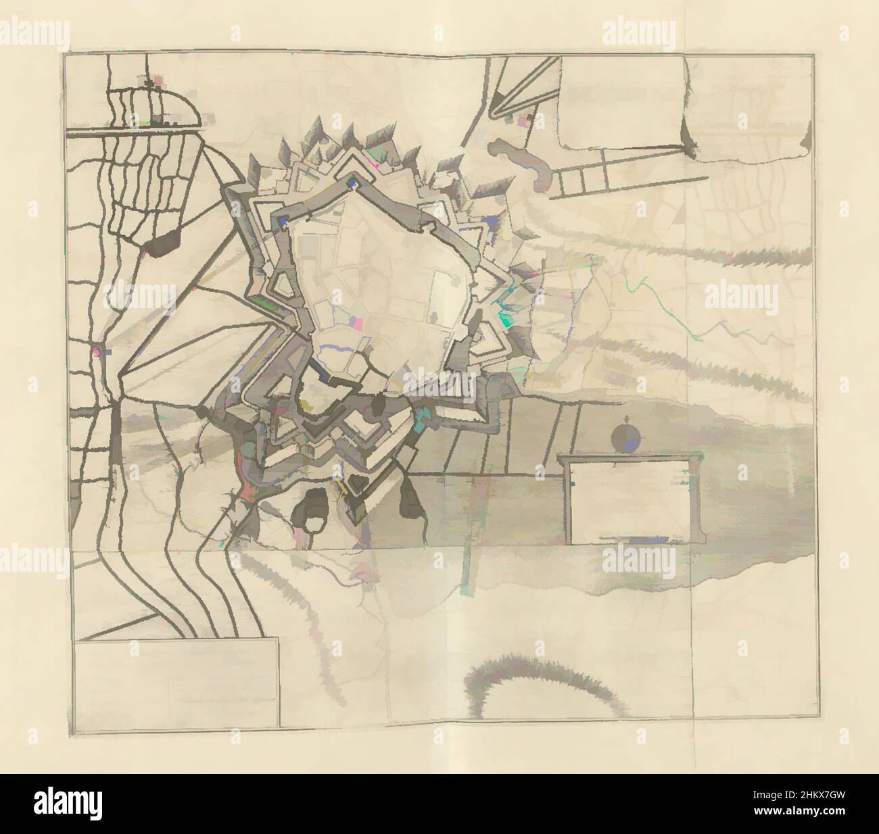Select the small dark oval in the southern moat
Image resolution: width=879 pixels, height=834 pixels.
379,406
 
